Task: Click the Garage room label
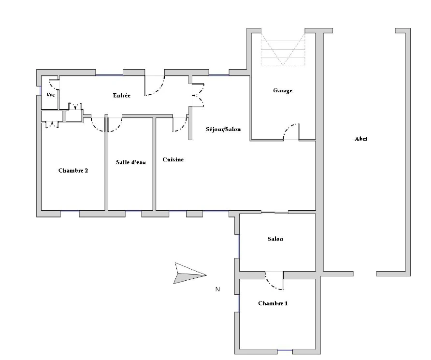[283, 91]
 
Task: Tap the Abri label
[361, 139]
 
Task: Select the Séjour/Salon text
[223, 129]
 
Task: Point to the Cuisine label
[173, 159]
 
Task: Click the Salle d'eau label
[131, 162]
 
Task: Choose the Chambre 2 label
[73, 171]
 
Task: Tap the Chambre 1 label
[273, 303]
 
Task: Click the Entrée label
[122, 95]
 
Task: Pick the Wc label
[51, 95]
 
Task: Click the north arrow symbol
[190, 274]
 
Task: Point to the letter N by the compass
[218, 289]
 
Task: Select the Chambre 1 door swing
[272, 285]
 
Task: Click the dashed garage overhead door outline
[283, 49]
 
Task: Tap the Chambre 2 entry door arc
[96, 127]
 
